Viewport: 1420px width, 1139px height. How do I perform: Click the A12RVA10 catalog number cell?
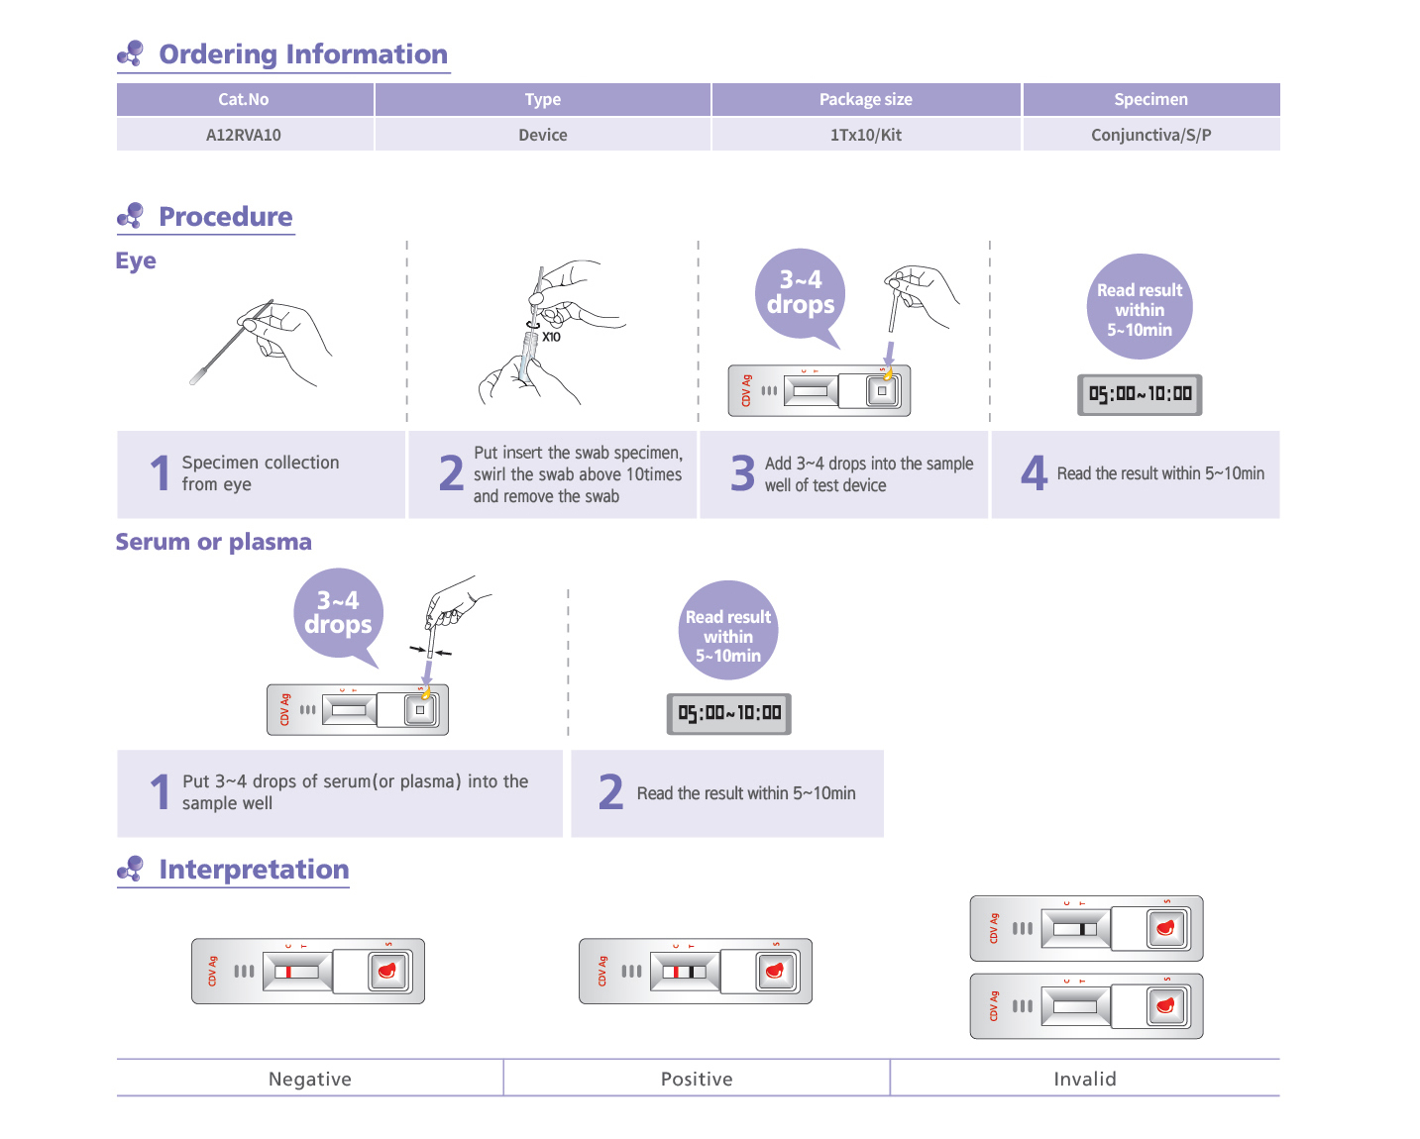[244, 135]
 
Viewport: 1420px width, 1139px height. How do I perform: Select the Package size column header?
[865, 99]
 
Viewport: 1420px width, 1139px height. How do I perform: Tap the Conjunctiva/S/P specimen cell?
[1150, 135]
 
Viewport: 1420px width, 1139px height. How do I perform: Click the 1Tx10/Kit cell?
[865, 135]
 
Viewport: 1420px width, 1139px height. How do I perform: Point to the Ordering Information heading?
[302, 54]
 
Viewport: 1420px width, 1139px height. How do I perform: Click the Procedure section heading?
[225, 217]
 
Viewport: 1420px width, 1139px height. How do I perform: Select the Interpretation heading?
[254, 870]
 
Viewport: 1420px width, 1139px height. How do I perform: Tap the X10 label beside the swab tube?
[551, 337]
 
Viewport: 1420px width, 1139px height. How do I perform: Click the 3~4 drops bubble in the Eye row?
[801, 293]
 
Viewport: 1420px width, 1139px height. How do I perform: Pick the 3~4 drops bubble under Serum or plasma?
[338, 613]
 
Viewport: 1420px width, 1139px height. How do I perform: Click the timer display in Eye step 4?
[1140, 394]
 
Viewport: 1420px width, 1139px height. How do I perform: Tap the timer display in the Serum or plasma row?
[729, 713]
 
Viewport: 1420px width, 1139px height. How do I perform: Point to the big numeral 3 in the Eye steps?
[742, 473]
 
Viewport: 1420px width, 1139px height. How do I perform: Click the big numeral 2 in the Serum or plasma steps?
[610, 792]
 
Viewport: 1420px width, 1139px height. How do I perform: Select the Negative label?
[309, 1079]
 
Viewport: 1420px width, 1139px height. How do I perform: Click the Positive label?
[697, 1079]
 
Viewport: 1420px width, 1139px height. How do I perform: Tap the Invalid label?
[1084, 1079]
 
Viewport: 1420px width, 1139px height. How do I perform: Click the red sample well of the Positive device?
[775, 971]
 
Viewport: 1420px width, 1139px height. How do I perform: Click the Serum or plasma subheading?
[213, 542]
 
